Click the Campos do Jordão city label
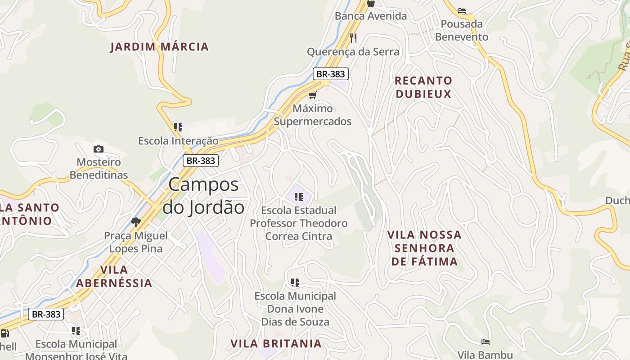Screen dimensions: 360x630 tap(203, 196)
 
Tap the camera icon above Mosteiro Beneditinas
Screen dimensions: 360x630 tap(99, 149)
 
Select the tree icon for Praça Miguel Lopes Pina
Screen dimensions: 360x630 tap(135, 222)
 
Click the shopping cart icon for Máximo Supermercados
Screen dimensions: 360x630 tap(312, 95)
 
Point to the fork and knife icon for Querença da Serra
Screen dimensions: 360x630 tap(353, 38)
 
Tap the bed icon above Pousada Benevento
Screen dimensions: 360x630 tap(461, 11)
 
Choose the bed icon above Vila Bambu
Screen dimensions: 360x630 tap(485, 342)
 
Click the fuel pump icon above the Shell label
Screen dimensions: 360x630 tap(5, 333)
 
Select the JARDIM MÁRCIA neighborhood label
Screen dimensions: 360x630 tap(159, 46)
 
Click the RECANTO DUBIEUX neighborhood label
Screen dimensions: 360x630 tap(423, 87)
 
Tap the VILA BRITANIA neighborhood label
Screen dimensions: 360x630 tap(276, 343)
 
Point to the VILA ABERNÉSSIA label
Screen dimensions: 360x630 tap(114, 276)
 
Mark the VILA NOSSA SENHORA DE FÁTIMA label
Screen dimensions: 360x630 tap(424, 248)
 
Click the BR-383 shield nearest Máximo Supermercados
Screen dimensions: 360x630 tap(330, 74)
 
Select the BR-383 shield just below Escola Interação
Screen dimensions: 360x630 tap(201, 160)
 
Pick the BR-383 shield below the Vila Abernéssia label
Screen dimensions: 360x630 tap(46, 314)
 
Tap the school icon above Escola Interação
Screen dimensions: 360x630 tap(178, 127)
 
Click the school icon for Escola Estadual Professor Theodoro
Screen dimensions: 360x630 tap(298, 197)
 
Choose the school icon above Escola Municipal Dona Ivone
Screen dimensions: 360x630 tap(295, 283)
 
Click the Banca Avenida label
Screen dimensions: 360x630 tap(370, 16)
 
